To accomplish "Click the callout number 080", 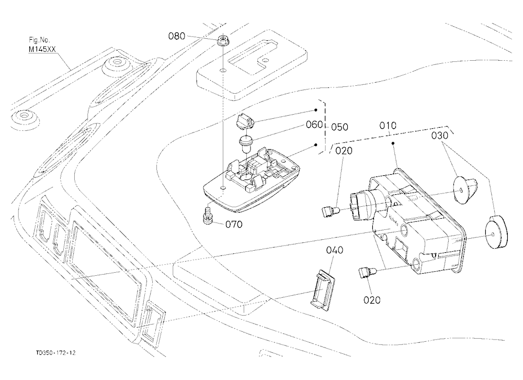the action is pyautogui.click(x=176, y=36).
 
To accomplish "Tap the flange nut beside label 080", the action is pyautogui.click(x=222, y=41).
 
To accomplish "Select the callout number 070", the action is pyautogui.click(x=234, y=225).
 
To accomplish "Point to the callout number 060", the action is pyautogui.click(x=314, y=125).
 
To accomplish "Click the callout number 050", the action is pyautogui.click(x=339, y=127).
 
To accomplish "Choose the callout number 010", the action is pyautogui.click(x=388, y=126).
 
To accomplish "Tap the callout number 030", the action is pyautogui.click(x=440, y=136).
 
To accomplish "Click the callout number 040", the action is pyautogui.click(x=335, y=250).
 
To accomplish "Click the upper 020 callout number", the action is pyautogui.click(x=344, y=151).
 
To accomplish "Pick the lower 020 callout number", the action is pyautogui.click(x=371, y=300).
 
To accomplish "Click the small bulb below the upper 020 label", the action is pyautogui.click(x=331, y=211).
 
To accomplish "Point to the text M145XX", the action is pyautogui.click(x=42, y=49).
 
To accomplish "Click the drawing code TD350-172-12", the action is pyautogui.click(x=56, y=353).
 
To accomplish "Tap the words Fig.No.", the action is pyautogui.click(x=39, y=40).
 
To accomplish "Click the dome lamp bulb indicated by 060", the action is pyautogui.click(x=245, y=143).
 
